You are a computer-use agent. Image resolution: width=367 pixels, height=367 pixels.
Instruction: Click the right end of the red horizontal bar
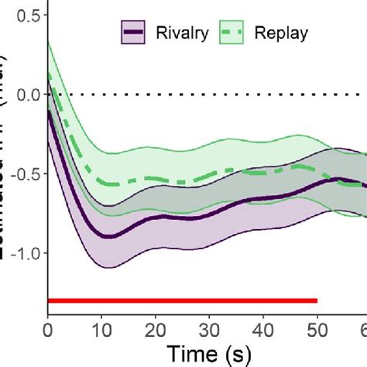pyautogui.click(x=316, y=300)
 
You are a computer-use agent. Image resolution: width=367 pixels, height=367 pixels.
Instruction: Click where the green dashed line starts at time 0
pyautogui.click(x=49, y=75)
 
